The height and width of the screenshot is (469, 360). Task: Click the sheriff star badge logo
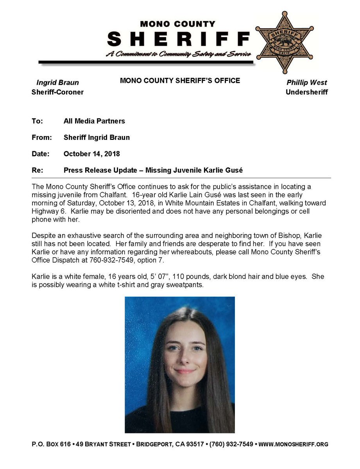(285, 42)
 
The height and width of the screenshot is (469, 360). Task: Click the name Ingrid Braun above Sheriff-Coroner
(57, 82)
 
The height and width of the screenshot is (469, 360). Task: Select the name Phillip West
(306, 82)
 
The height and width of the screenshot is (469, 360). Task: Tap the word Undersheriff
(306, 92)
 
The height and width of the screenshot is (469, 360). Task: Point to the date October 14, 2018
(91, 154)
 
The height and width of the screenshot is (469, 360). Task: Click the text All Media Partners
(94, 121)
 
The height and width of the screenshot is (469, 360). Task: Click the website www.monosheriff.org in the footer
(293, 444)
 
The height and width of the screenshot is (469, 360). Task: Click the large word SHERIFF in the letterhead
(178, 39)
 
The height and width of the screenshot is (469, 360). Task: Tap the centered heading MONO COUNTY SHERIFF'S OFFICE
(180, 81)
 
